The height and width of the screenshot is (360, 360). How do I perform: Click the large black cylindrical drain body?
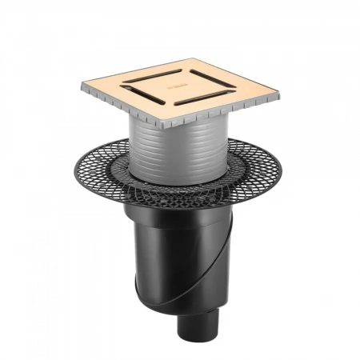click(172, 264)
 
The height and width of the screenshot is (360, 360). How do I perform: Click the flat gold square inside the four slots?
click(180, 86)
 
